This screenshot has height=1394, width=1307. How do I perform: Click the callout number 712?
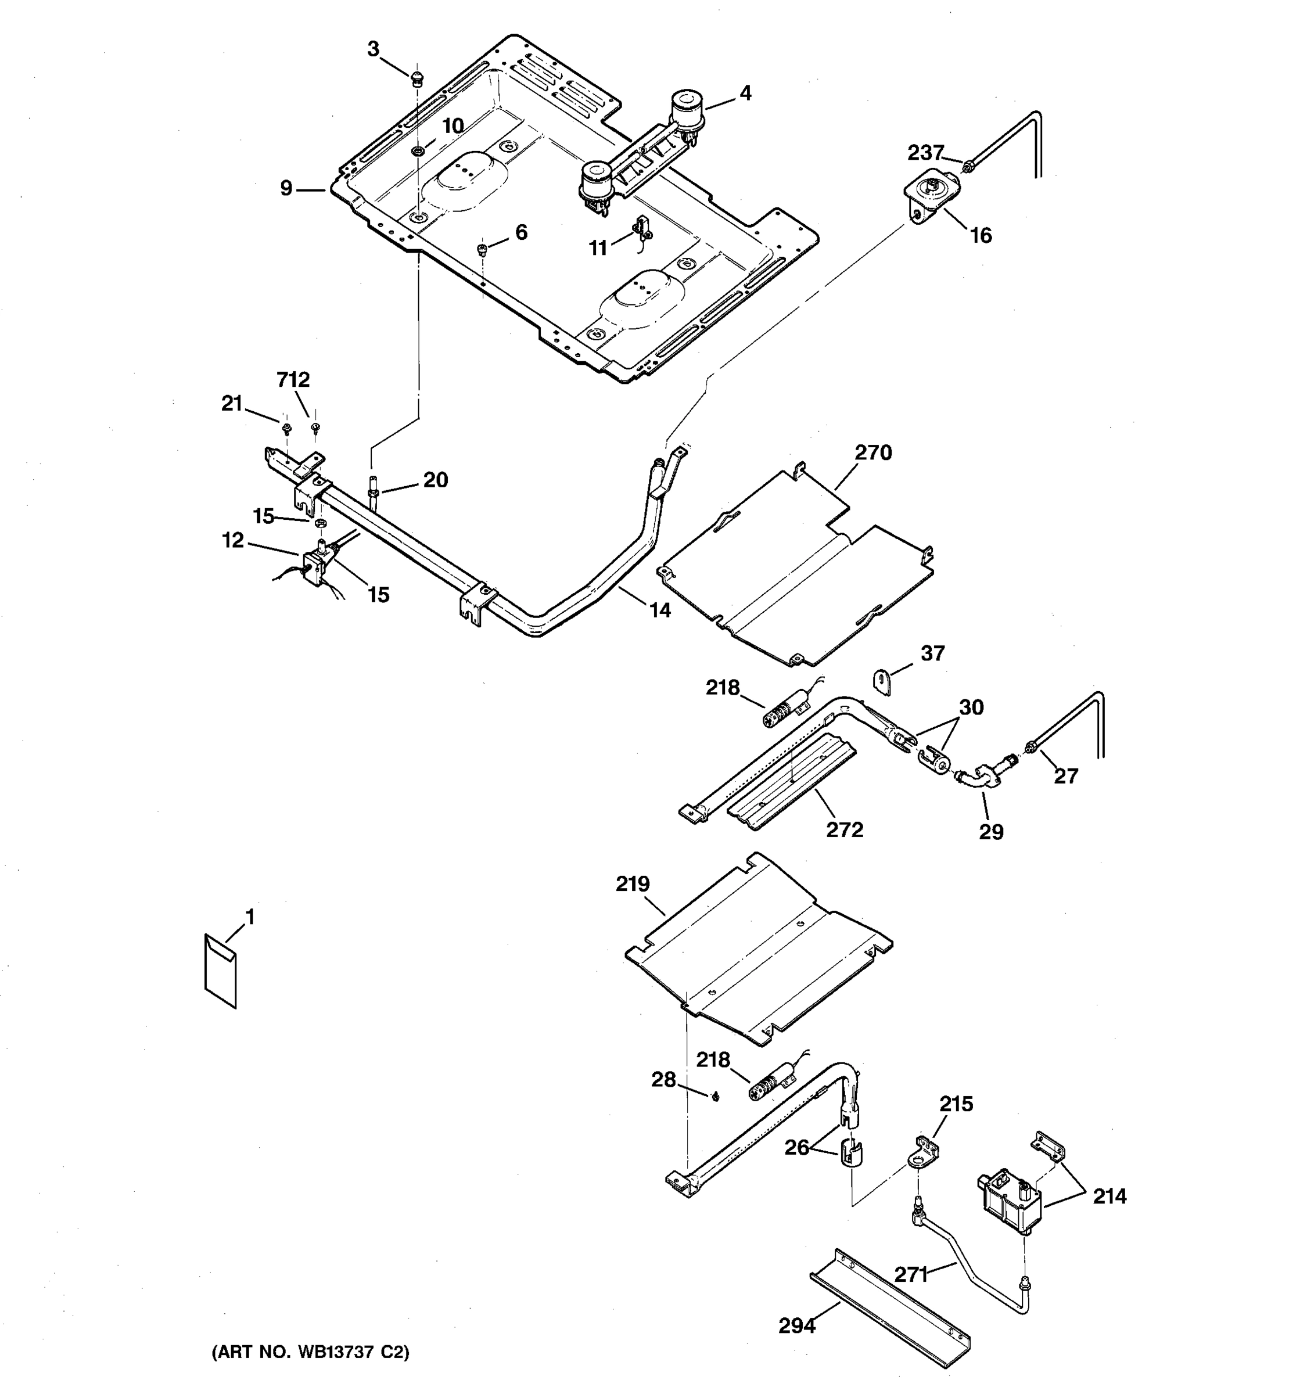(293, 379)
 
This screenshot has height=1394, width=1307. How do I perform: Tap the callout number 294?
(797, 1326)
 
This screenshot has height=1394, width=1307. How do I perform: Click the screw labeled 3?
(418, 78)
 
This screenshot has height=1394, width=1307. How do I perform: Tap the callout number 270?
(873, 452)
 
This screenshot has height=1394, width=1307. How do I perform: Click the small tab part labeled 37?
(882, 682)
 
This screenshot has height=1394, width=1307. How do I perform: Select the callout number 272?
(844, 829)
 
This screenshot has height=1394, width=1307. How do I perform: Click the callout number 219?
(633, 884)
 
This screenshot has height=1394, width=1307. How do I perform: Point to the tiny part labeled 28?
(715, 1097)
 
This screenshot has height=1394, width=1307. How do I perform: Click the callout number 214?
(1109, 1197)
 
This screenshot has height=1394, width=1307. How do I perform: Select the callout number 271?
(911, 1274)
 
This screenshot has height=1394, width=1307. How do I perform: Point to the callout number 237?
(925, 152)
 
